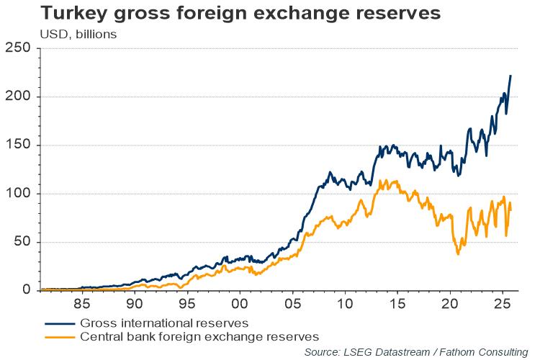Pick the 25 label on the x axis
tap(502, 304)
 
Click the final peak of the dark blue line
tap(510, 76)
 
